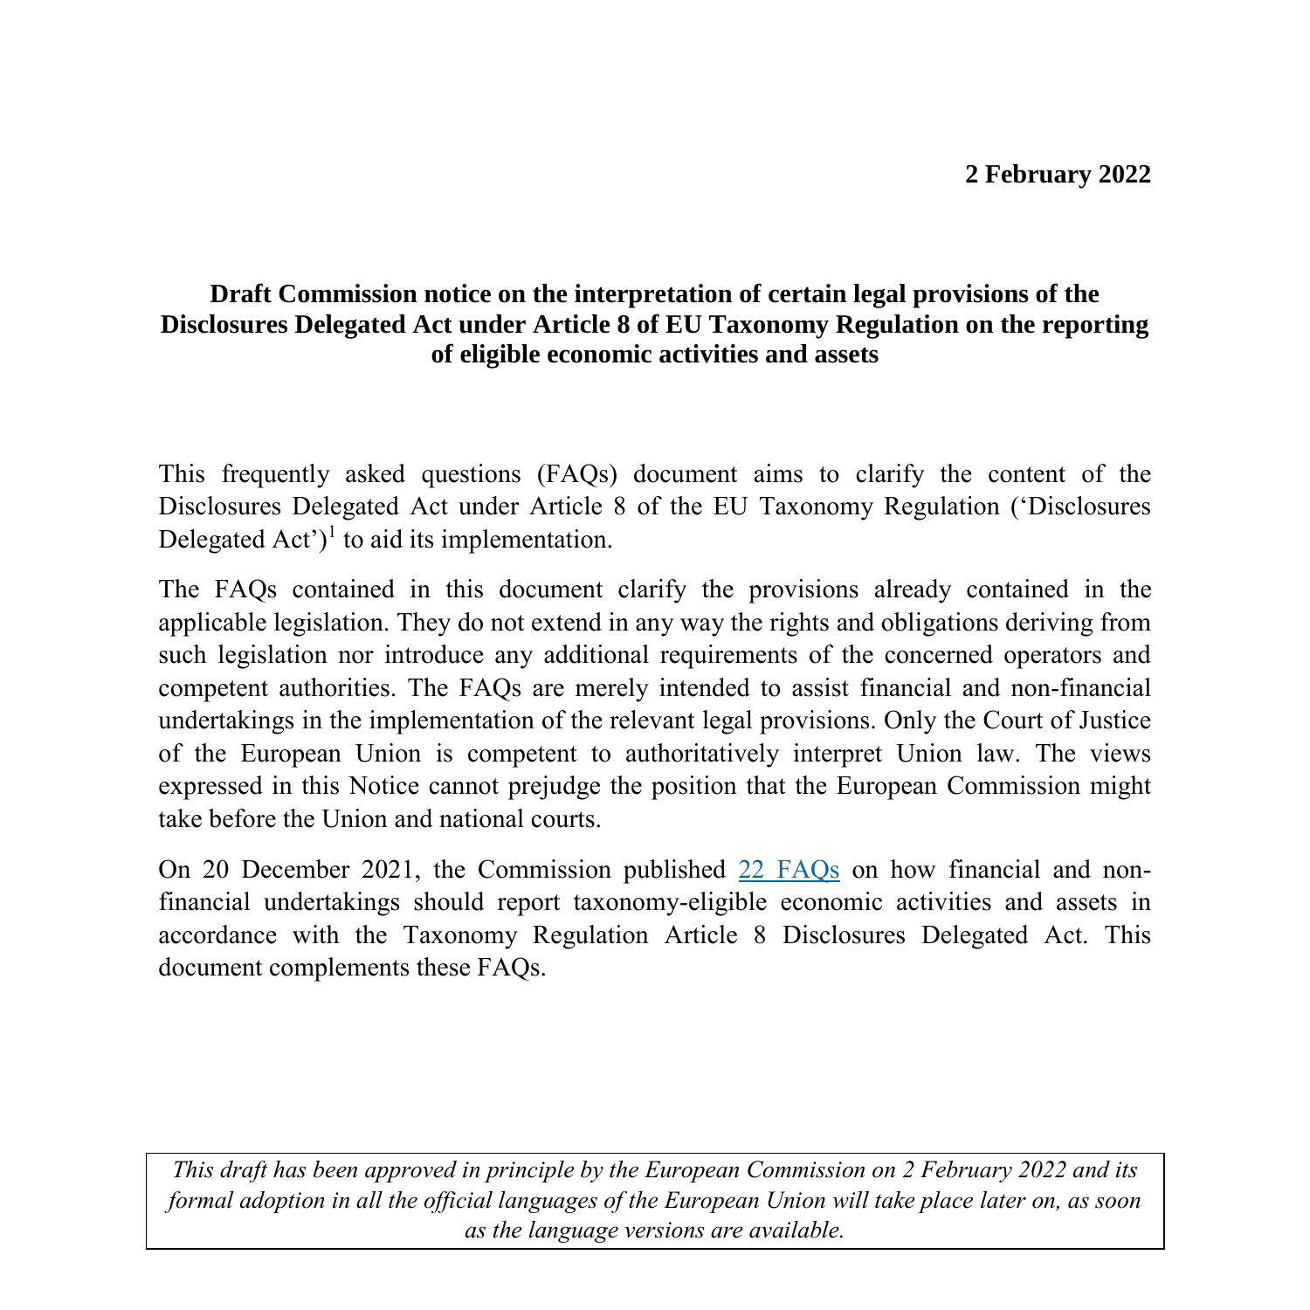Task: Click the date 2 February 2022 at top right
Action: coord(1058,175)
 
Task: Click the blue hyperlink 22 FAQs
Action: coord(789,870)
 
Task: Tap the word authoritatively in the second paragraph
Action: coord(701,754)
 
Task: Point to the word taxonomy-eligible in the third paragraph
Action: coord(670,902)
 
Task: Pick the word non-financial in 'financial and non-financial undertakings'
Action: coord(1079,688)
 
